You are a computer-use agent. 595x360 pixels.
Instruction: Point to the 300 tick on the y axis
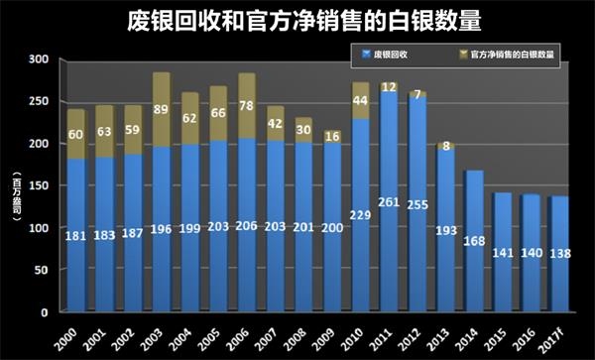pos(37,60)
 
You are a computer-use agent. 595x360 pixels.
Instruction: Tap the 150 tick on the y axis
pos(37,186)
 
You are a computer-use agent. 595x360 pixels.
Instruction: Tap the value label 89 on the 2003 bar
pos(161,110)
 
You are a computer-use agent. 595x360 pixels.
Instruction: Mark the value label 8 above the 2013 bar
pos(445,144)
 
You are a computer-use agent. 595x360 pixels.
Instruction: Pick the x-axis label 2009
pos(323,334)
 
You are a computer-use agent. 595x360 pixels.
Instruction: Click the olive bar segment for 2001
pos(104,130)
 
